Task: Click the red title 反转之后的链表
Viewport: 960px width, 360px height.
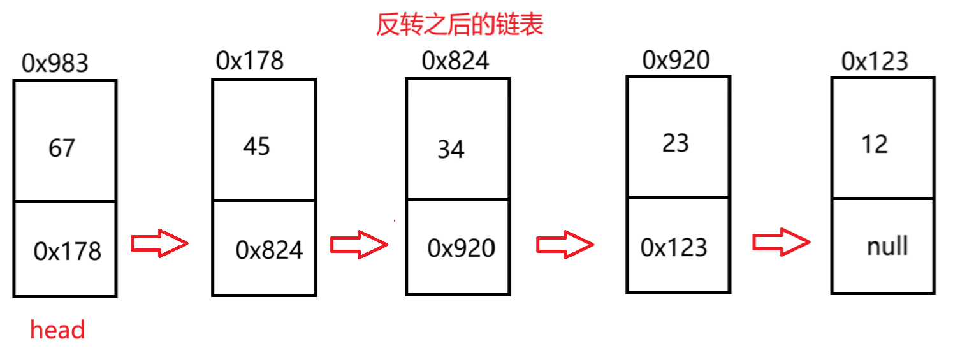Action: [x=460, y=25]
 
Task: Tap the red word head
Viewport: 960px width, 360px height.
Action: [x=57, y=330]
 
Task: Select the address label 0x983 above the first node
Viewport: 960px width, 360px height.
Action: [x=55, y=63]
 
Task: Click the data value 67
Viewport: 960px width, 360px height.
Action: [x=62, y=148]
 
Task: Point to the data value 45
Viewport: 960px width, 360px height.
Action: [x=256, y=147]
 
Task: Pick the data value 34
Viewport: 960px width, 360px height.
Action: [x=451, y=150]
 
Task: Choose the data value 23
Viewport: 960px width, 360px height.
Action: [x=676, y=143]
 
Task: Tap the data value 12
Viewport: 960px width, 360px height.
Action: [x=874, y=145]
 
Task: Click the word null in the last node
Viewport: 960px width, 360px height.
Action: [x=887, y=246]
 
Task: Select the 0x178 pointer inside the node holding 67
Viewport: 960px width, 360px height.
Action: [x=68, y=251]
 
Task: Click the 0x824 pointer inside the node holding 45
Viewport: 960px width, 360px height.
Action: [x=269, y=250]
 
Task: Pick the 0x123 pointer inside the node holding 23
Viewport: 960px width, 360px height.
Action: [x=674, y=247]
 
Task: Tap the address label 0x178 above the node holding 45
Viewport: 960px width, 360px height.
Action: [x=250, y=61]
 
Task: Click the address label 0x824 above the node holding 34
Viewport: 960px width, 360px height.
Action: [x=455, y=61]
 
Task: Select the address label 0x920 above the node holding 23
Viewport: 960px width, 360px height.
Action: [x=676, y=60]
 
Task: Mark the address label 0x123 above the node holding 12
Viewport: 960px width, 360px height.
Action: [x=875, y=61]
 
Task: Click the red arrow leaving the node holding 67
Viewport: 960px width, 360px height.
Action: [x=159, y=243]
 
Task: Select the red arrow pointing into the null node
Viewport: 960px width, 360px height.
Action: [x=782, y=242]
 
